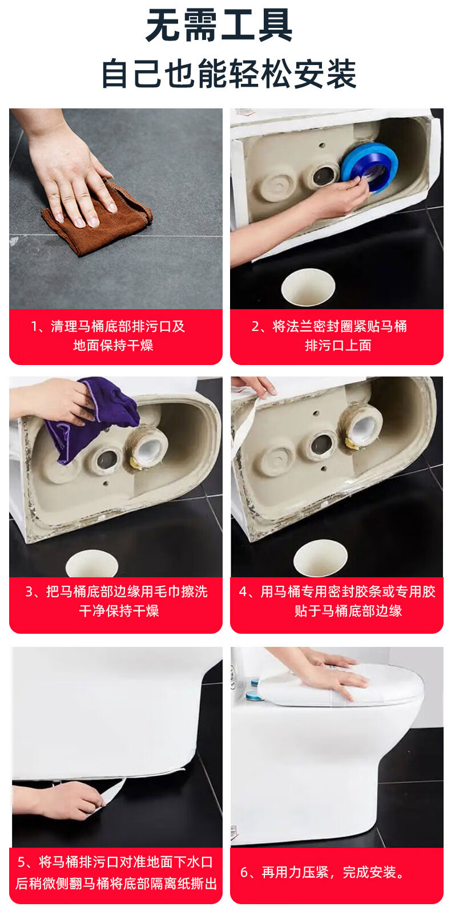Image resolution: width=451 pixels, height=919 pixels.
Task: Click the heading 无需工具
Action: point(219,26)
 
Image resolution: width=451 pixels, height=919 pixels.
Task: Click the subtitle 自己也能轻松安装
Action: point(229,74)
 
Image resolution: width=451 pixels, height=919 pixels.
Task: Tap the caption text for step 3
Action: point(116,601)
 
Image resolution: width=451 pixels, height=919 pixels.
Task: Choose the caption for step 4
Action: point(337,601)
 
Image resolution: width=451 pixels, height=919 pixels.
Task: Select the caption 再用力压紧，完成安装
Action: point(323,872)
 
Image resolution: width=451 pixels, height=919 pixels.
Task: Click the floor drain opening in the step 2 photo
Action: point(308,288)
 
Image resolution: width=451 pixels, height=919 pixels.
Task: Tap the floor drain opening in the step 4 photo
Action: point(320,557)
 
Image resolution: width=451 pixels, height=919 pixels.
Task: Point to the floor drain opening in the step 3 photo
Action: point(91,564)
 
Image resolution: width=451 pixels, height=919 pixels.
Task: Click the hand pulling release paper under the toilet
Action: point(58,800)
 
